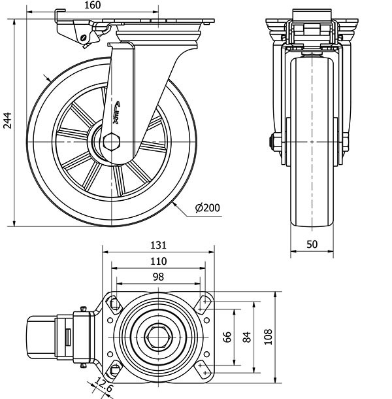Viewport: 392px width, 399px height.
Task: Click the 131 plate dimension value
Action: (158, 245)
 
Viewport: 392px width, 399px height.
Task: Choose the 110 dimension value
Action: (158, 261)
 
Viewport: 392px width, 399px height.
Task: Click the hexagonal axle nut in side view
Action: (112, 141)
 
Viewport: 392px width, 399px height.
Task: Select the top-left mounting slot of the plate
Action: (115, 303)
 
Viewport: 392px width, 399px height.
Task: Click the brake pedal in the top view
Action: (42, 336)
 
